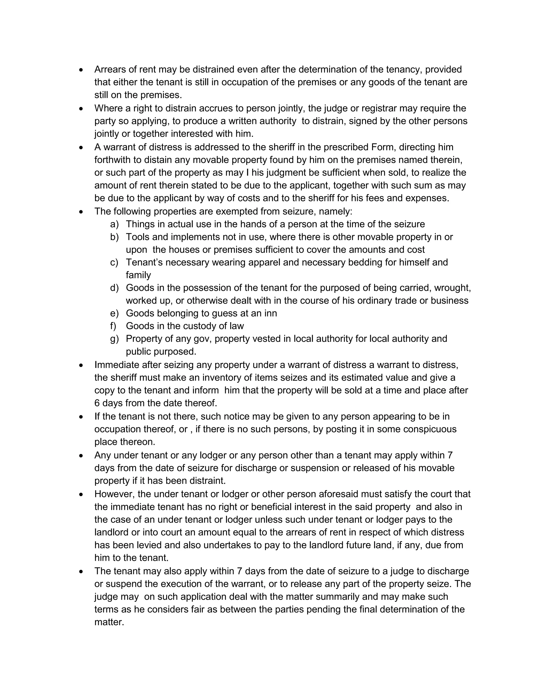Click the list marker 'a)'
click(x=114, y=224)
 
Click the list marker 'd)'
click(x=114, y=288)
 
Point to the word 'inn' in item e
click(x=270, y=314)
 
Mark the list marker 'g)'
click(x=114, y=339)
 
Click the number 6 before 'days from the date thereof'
click(x=97, y=403)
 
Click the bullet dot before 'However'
click(x=82, y=494)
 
